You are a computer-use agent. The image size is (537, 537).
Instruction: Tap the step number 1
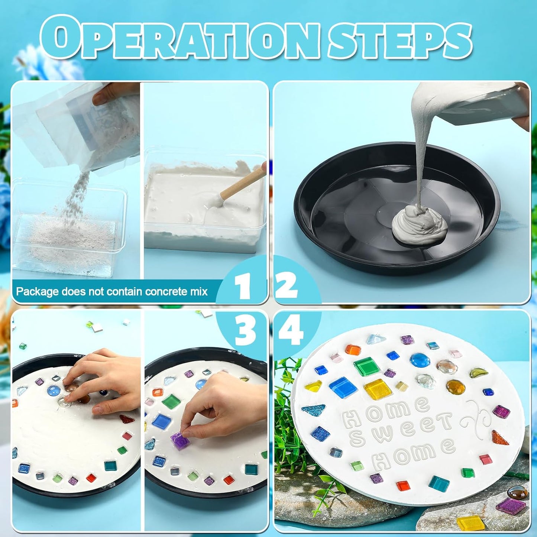tap(243, 287)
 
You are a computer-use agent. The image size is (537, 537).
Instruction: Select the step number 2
tap(287, 286)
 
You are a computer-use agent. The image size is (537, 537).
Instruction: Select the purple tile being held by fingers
tap(180, 440)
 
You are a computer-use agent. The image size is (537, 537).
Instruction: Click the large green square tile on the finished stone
tap(367, 366)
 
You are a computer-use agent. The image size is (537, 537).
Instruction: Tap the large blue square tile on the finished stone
tap(343, 387)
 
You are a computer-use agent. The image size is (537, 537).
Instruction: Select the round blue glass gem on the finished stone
tap(420, 360)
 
